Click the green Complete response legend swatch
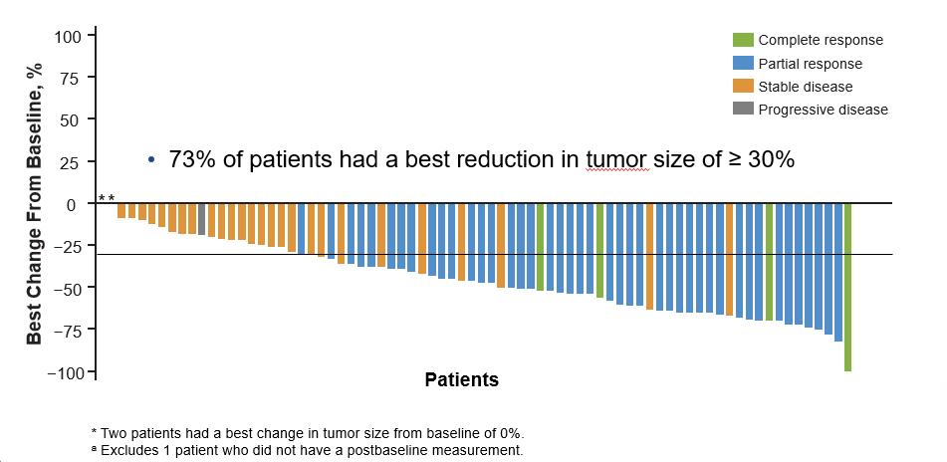(743, 40)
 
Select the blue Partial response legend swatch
(743, 64)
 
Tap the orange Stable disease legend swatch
(743, 87)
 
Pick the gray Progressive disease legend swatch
(743, 110)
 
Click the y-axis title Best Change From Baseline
(35, 204)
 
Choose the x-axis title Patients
(461, 379)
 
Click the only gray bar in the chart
(201, 219)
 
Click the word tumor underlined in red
(617, 159)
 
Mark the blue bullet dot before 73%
(151, 160)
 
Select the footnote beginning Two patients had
(308, 433)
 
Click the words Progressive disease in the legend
(823, 110)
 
